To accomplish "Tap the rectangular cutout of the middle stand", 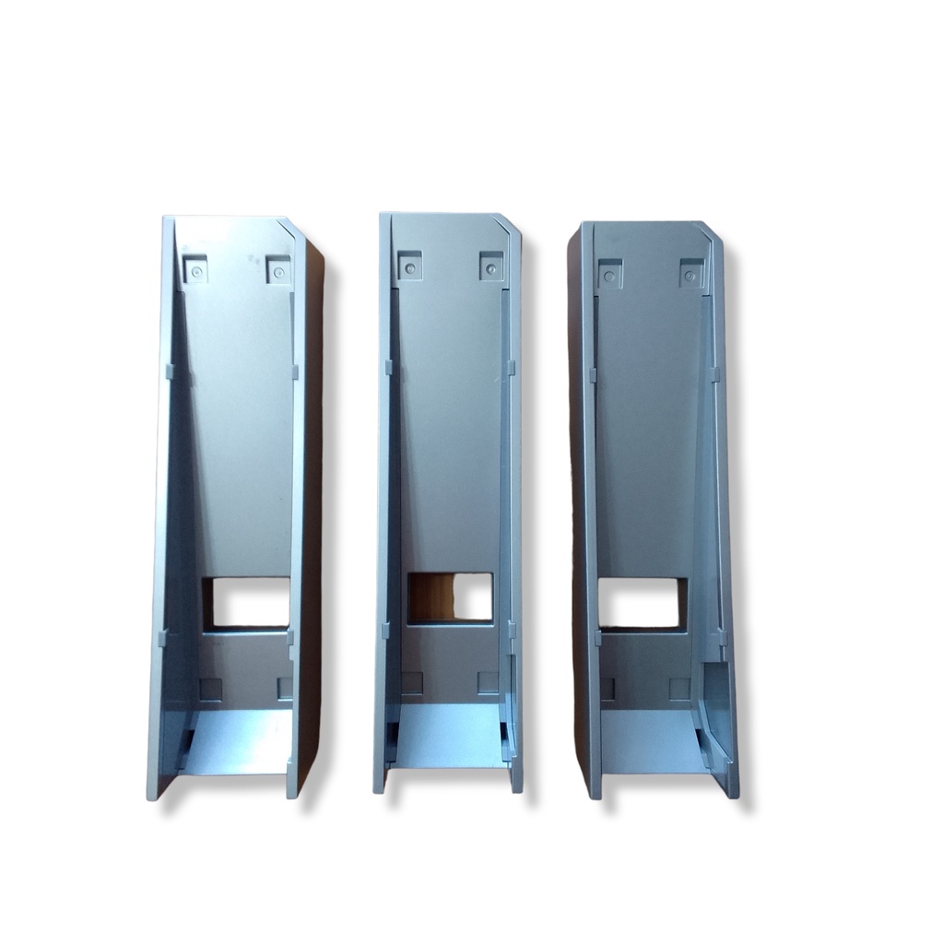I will pyautogui.click(x=451, y=596).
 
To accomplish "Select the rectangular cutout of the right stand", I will pyautogui.click(x=642, y=599).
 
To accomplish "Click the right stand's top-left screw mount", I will pyautogui.click(x=609, y=273).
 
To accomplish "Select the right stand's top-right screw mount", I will pyautogui.click(x=691, y=273).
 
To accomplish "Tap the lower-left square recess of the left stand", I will pyautogui.click(x=211, y=688).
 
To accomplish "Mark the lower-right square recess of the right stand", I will pyautogui.click(x=680, y=689).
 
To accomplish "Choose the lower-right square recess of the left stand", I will pyautogui.click(x=284, y=688).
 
